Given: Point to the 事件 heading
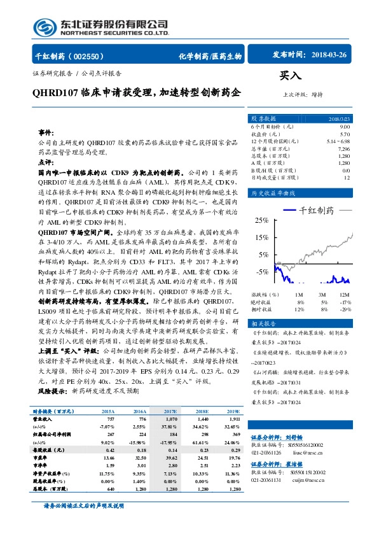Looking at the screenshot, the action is coord(46,132).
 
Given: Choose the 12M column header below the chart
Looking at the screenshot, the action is coord(345,295).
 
